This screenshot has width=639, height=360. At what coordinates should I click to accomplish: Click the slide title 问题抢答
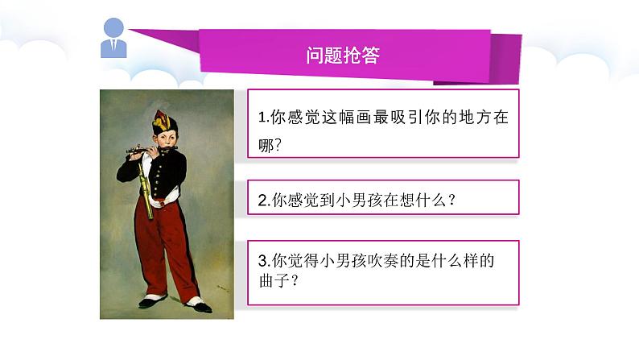(x=343, y=56)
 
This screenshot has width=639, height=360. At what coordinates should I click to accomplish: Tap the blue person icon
(x=113, y=38)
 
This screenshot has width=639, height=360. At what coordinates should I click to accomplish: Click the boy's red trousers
(x=165, y=242)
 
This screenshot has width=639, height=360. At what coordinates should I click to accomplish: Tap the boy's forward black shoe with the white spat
(x=196, y=304)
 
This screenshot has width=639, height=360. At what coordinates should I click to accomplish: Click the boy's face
(x=167, y=140)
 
